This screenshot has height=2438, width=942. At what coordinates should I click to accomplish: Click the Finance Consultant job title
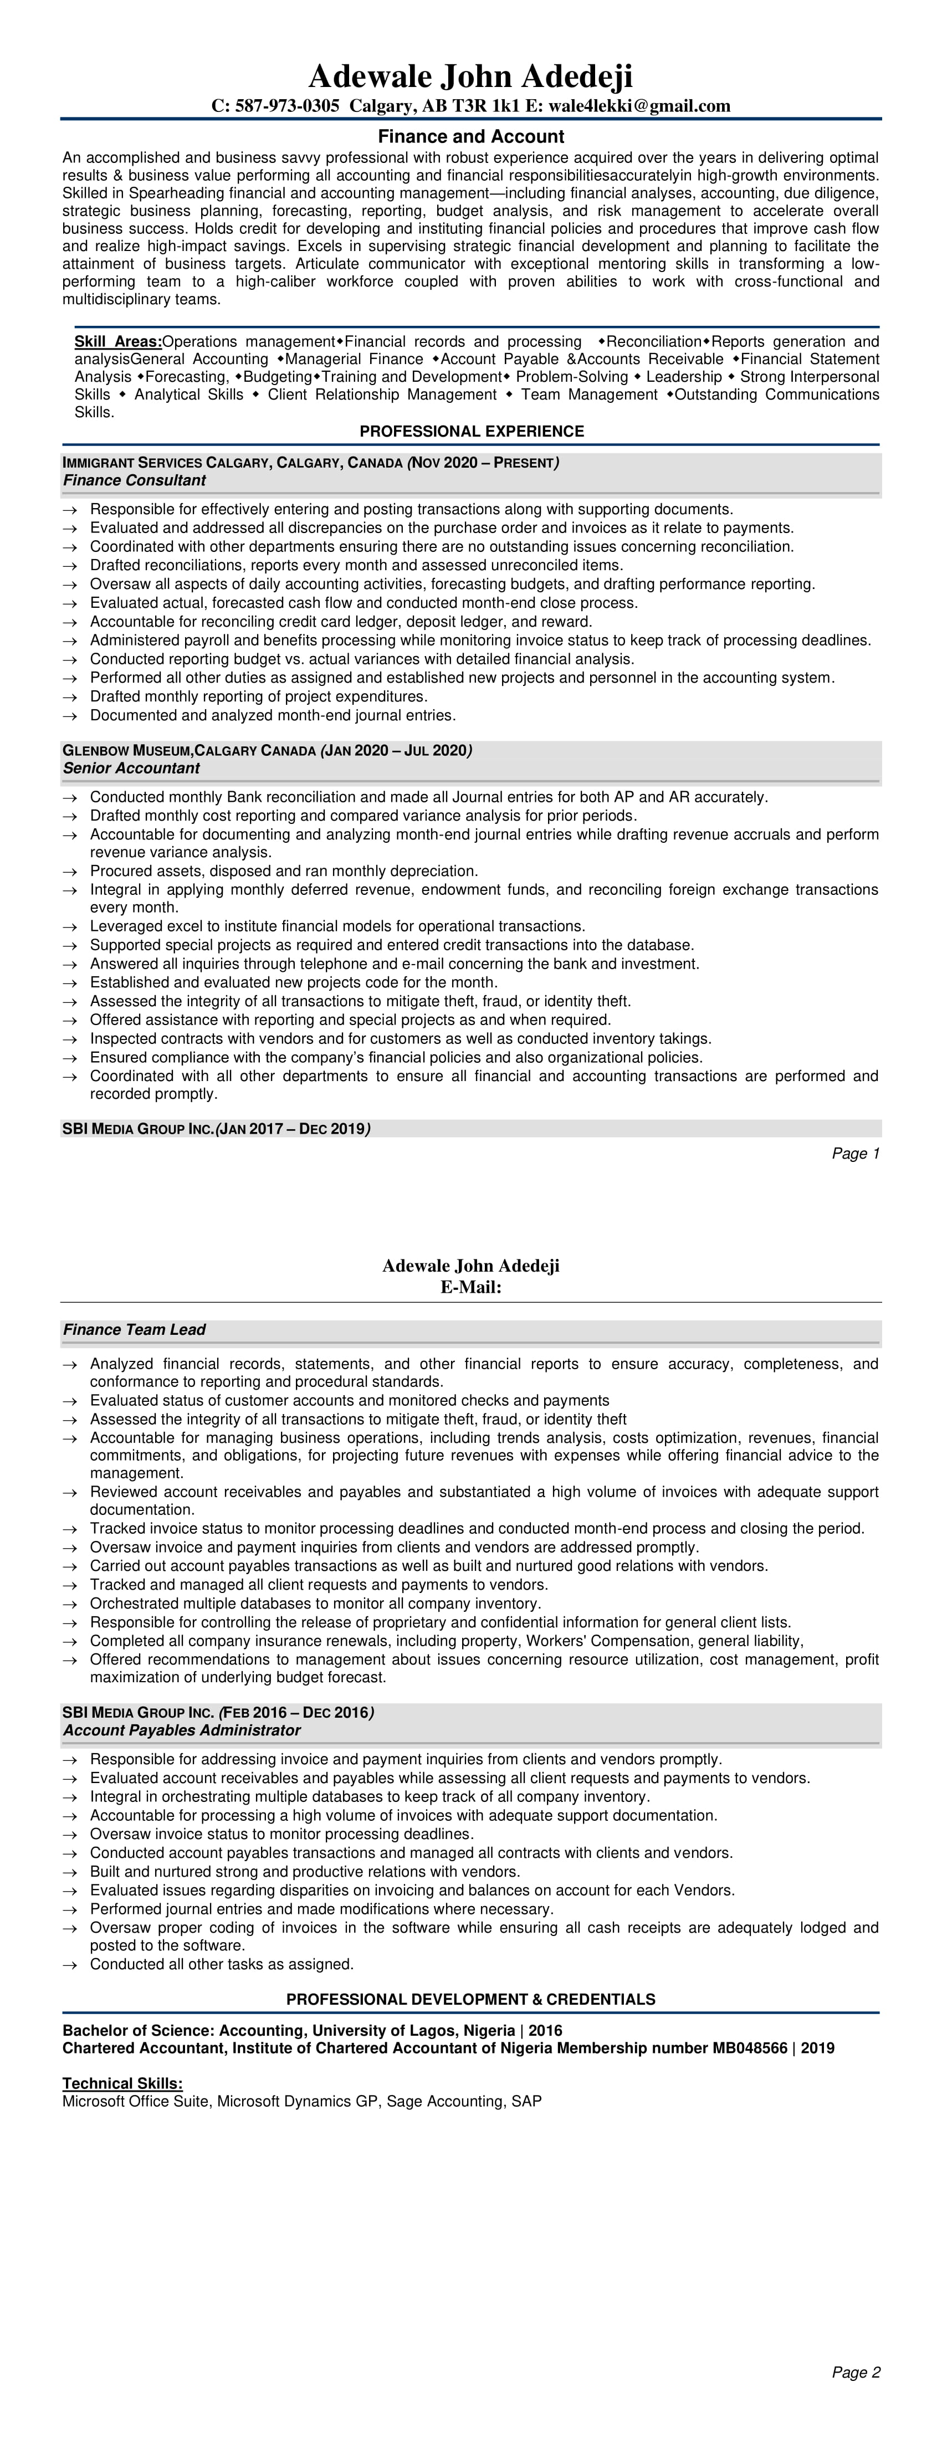(x=135, y=481)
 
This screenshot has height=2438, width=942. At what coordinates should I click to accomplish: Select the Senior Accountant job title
(x=131, y=769)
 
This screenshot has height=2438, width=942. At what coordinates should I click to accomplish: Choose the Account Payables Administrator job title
(x=182, y=1730)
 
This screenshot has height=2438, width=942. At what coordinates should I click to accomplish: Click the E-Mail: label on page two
(x=470, y=1287)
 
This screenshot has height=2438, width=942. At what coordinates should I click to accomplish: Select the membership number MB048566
(x=743, y=2048)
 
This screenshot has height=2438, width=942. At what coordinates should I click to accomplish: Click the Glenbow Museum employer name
(x=127, y=751)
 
